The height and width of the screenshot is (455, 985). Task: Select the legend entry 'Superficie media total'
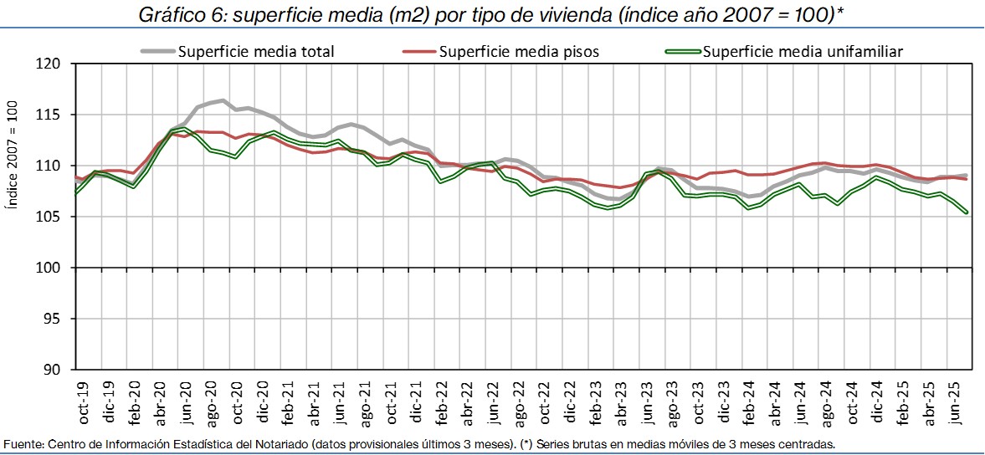256,52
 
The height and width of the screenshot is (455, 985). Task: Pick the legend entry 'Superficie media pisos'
519,52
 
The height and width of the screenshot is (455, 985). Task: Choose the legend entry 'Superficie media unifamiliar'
803,52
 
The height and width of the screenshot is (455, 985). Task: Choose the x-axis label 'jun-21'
339,403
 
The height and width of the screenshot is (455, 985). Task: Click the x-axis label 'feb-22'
442,403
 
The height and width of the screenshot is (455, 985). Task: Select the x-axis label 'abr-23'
621,403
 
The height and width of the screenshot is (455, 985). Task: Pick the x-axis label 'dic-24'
878,403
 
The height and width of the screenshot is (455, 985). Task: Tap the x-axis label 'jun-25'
955,403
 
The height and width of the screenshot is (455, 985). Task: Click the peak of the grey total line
223,100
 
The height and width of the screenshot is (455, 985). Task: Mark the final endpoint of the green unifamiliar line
967,212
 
